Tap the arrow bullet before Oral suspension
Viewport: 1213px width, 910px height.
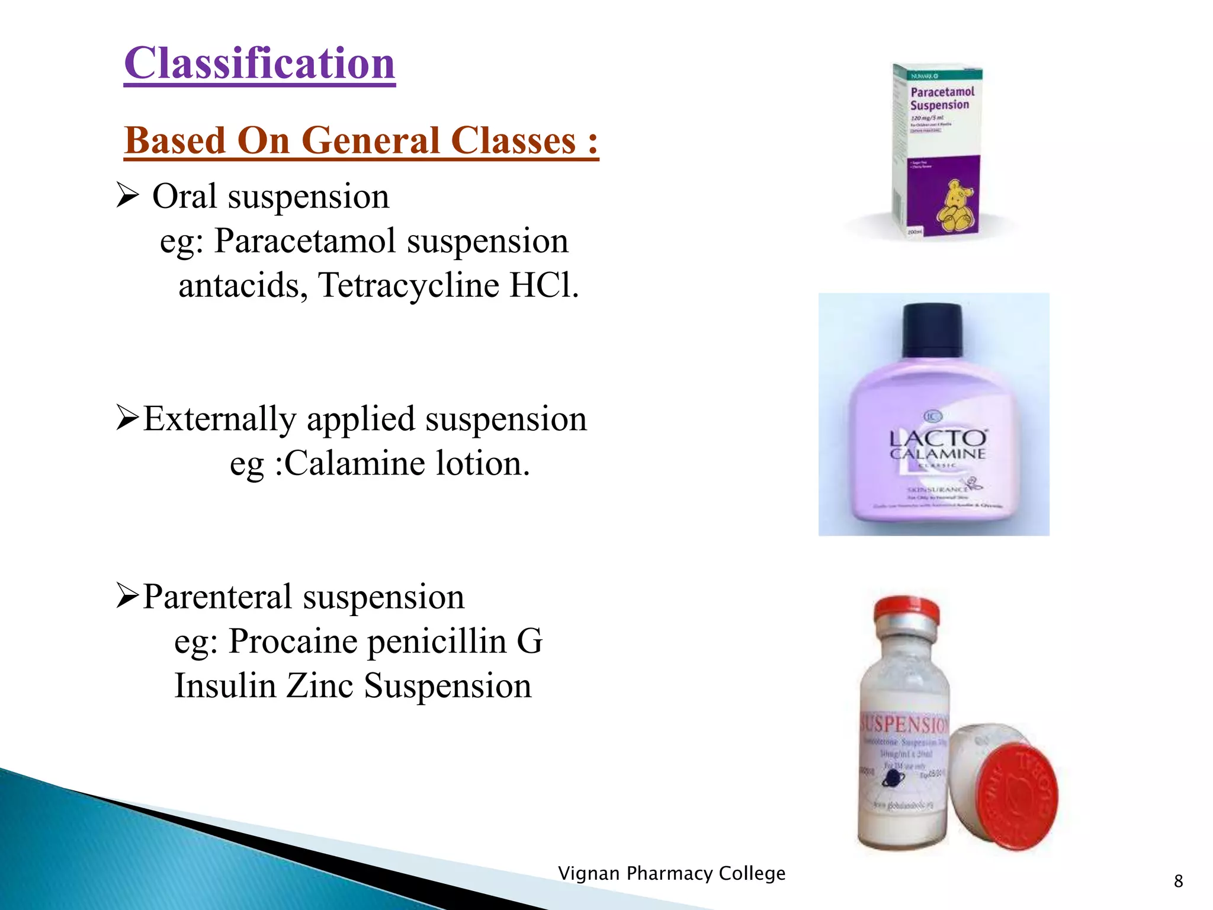127,196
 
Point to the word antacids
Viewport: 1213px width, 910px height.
243,286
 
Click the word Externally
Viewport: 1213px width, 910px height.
219,419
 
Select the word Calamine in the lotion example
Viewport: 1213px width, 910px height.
354,463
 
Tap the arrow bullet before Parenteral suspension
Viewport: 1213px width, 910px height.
127,596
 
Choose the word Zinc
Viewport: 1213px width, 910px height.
320,686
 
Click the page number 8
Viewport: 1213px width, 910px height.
1178,881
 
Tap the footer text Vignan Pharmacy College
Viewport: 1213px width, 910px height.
672,873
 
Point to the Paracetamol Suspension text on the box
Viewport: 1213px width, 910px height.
942,98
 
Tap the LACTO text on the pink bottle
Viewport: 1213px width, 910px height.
938,439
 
